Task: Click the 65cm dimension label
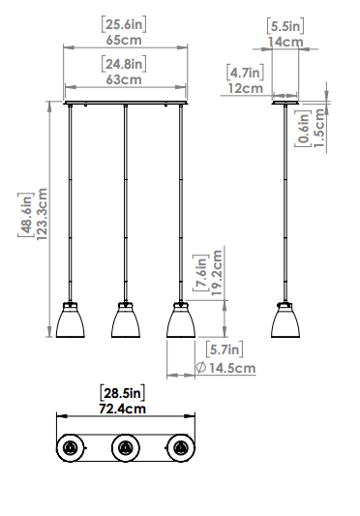pyautogui.click(x=124, y=40)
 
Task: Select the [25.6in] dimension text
pyautogui.click(x=124, y=24)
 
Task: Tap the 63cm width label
pyautogui.click(x=124, y=79)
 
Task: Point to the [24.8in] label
pyautogui.click(x=124, y=64)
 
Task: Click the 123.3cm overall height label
pyautogui.click(x=42, y=214)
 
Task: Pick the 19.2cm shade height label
pyautogui.click(x=217, y=273)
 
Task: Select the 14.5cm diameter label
pyautogui.click(x=232, y=368)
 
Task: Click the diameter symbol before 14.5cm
pyautogui.click(x=200, y=368)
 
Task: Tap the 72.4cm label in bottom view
pyautogui.click(x=122, y=409)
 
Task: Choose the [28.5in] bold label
pyautogui.click(x=122, y=393)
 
